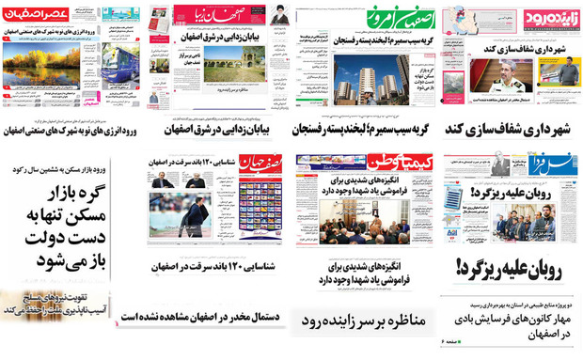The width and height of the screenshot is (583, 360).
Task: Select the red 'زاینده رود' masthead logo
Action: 544,18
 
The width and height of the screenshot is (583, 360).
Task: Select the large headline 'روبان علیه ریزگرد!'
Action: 512,268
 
